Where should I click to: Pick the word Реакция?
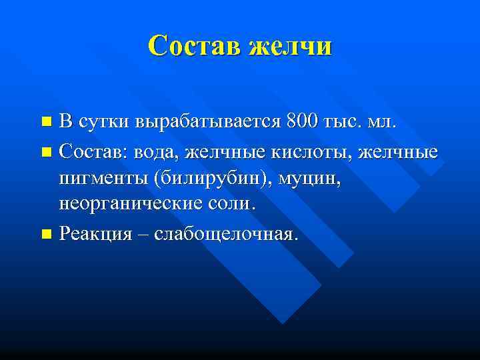click(96, 234)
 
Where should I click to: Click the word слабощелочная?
click(226, 234)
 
